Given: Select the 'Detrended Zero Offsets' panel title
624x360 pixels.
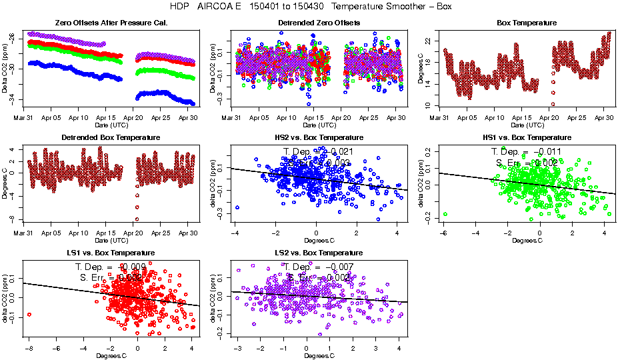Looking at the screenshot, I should pos(319,23).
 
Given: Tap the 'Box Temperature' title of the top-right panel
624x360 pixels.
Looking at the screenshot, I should pos(527,23).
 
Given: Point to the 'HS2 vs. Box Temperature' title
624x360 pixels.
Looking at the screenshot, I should pos(319,138).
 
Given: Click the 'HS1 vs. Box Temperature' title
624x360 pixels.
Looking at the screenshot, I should pos(527,138).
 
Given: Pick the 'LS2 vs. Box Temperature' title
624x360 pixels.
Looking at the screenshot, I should pos(319,253).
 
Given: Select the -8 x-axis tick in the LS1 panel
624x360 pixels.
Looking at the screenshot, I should pos(29,348).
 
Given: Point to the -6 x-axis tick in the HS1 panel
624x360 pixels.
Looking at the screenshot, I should pos(443,233).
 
